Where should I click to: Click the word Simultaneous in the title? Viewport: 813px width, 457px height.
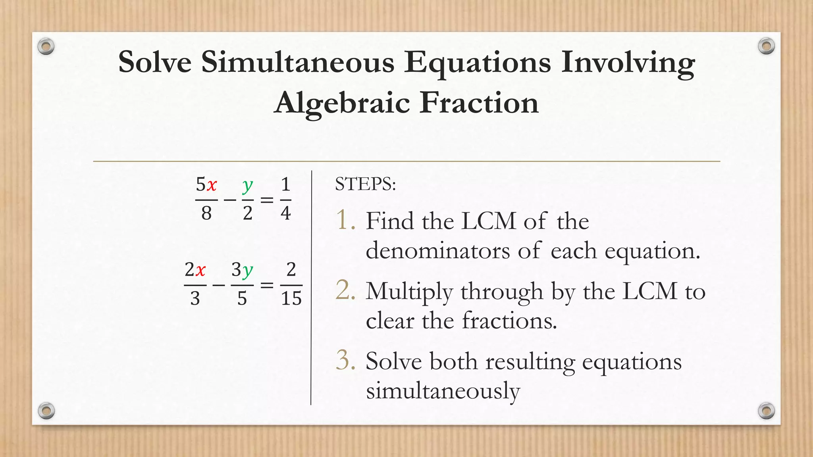click(298, 62)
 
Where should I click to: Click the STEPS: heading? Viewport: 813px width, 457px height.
click(365, 184)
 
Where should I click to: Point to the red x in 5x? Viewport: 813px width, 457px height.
click(212, 185)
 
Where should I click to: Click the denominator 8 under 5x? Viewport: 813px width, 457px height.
click(206, 213)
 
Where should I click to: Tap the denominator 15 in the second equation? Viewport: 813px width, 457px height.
click(291, 298)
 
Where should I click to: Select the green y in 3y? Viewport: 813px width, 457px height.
click(248, 271)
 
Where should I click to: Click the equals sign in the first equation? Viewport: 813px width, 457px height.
click(267, 200)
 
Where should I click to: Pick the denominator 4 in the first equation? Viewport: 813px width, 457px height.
click(285, 213)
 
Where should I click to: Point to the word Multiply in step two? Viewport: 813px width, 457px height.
click(409, 292)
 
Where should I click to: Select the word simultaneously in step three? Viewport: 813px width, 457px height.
click(443, 391)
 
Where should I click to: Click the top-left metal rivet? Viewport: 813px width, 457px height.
click(46, 47)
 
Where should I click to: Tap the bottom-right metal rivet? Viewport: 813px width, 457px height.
click(766, 411)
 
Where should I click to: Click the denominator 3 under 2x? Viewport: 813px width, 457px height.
click(195, 298)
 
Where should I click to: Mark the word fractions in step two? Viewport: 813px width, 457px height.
click(510, 321)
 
